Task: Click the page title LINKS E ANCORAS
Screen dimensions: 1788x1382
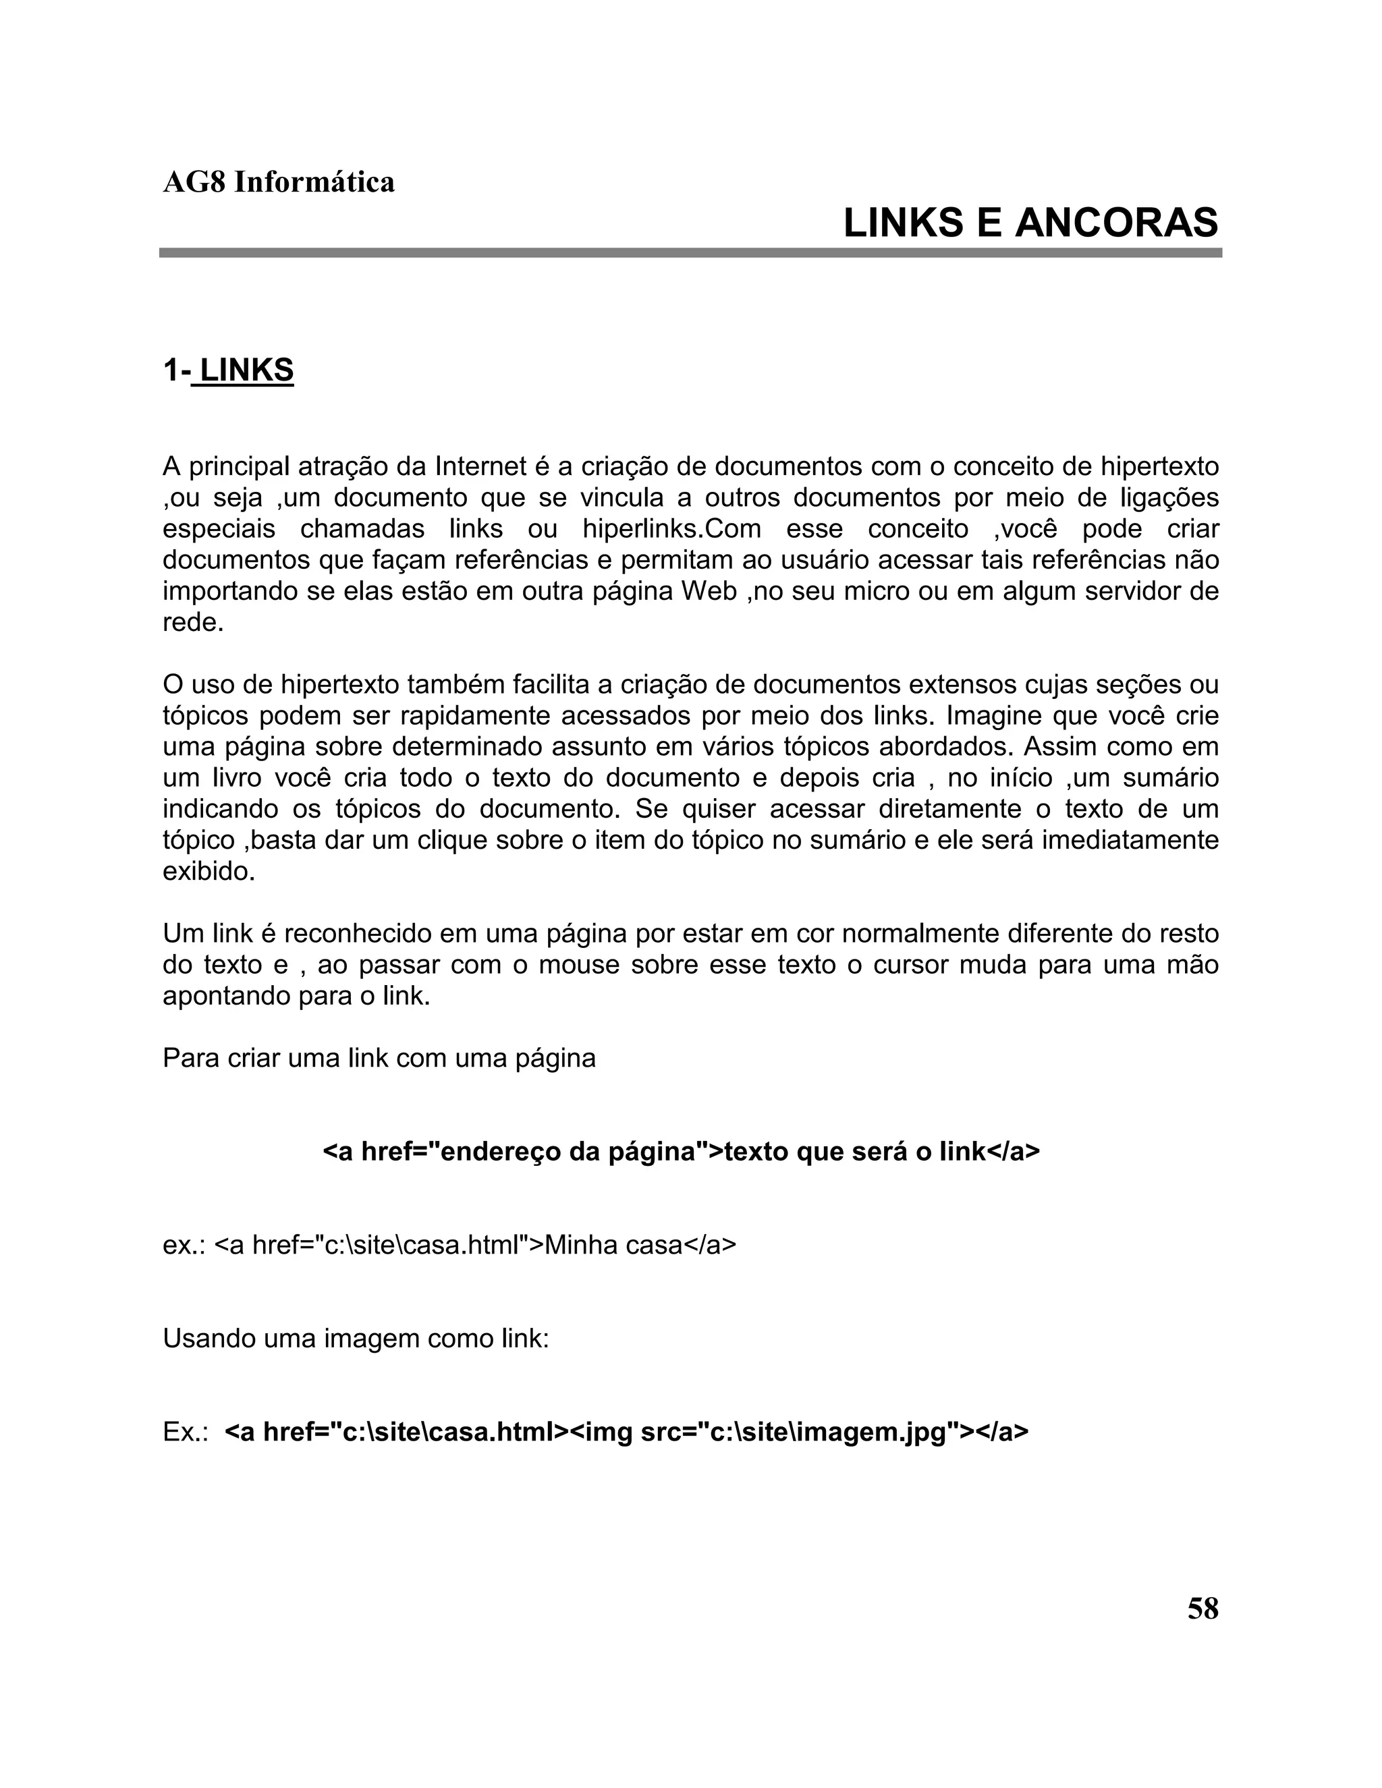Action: [1030, 223]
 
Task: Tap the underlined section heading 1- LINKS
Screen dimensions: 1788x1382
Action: [229, 371]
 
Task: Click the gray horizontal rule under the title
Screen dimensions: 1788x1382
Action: [690, 253]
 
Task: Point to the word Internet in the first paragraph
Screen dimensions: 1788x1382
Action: [480, 467]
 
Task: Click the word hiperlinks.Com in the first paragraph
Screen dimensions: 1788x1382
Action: [671, 529]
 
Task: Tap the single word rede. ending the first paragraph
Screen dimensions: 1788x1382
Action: [193, 622]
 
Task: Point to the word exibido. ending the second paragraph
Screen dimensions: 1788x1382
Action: [209, 871]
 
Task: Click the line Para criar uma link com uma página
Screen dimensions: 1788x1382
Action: [379, 1058]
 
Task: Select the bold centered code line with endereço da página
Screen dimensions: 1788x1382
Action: [681, 1151]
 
